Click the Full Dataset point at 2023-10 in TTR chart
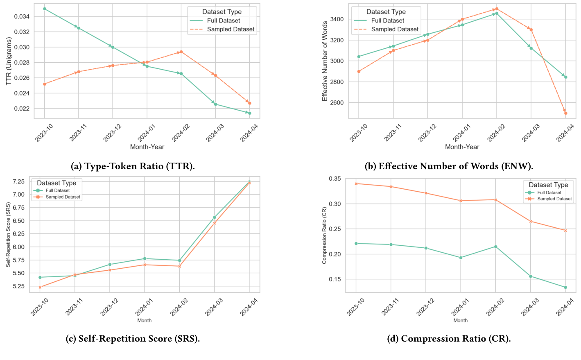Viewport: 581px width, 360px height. tap(45, 9)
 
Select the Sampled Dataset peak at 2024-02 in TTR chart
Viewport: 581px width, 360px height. tap(181, 52)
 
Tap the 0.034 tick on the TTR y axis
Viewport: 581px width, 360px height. tap(22, 16)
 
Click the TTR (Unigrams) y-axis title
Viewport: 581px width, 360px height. tap(9, 61)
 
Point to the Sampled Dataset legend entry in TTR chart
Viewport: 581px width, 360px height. tap(231, 29)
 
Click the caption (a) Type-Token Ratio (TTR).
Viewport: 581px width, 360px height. tap(133, 166)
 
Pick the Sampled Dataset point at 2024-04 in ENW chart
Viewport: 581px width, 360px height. tap(565, 113)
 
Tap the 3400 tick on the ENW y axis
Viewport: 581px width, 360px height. tap(336, 19)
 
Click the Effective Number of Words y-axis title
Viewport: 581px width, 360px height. tap(325, 61)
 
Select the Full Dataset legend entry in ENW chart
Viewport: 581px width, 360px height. tap(387, 20)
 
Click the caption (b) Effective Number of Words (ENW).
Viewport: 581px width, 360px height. tap(449, 166)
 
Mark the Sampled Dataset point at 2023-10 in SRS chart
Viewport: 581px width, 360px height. tap(40, 287)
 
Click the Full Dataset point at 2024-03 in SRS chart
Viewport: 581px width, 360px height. tap(215, 217)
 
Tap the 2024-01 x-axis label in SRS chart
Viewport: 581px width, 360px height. tap(144, 307)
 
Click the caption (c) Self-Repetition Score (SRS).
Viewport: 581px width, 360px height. tap(133, 339)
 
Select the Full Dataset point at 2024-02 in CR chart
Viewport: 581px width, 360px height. tap(495, 247)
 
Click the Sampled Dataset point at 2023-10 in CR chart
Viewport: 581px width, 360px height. tap(356, 183)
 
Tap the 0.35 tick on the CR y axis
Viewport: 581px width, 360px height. tap(335, 179)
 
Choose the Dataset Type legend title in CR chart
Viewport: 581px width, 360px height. tap(548, 185)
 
